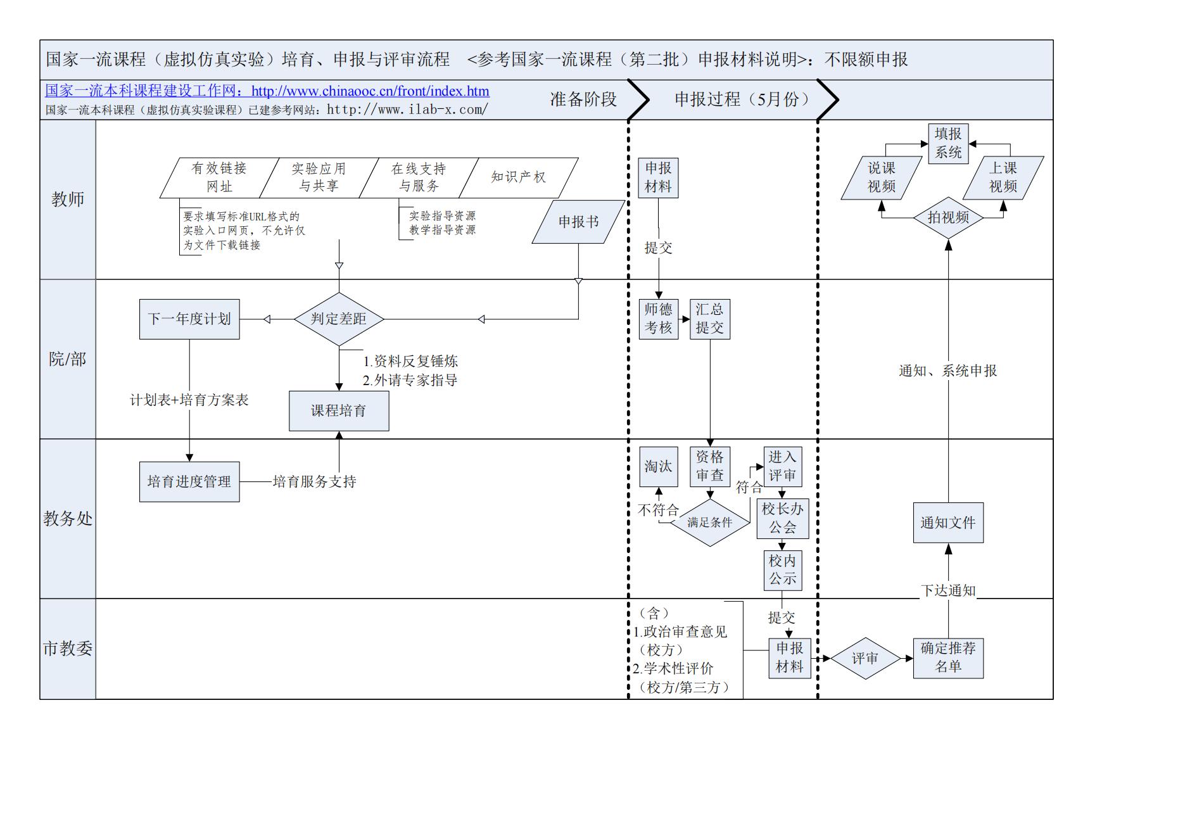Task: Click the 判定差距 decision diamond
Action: pyautogui.click(x=339, y=319)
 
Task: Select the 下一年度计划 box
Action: pyautogui.click(x=189, y=319)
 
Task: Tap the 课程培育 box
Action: pyautogui.click(x=339, y=411)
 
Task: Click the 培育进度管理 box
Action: pyautogui.click(x=189, y=482)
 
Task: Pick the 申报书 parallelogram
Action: pyautogui.click(x=578, y=222)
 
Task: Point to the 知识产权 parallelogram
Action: pyautogui.click(x=518, y=178)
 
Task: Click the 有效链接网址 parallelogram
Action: pyautogui.click(x=219, y=178)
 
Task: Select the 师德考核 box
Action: pyautogui.click(x=658, y=319)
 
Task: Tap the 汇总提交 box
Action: pyautogui.click(x=709, y=319)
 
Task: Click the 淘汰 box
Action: pyautogui.click(x=658, y=467)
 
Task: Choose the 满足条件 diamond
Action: pyautogui.click(x=709, y=523)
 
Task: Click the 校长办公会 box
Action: pyautogui.click(x=782, y=518)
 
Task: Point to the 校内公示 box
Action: pyautogui.click(x=782, y=570)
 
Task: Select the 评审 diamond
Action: pyautogui.click(x=865, y=659)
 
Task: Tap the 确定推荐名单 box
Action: pyautogui.click(x=948, y=658)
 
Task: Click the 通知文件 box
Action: pyautogui.click(x=948, y=523)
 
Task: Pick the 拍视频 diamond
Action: pyautogui.click(x=948, y=218)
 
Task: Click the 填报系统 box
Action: pyautogui.click(x=948, y=144)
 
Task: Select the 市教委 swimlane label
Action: pyautogui.click(x=68, y=649)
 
